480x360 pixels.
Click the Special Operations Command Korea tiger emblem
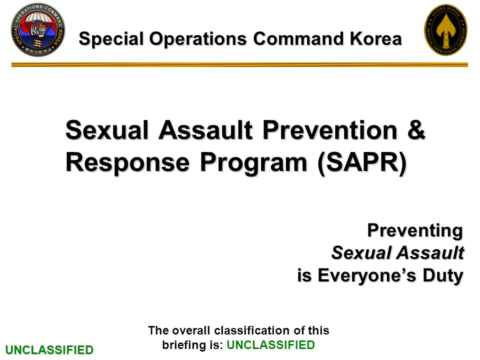point(38,29)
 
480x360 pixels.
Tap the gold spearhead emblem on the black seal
point(445,29)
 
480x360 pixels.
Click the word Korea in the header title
point(375,39)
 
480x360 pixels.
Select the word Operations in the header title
point(198,39)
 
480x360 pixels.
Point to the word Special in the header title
point(111,39)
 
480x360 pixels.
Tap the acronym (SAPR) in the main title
point(362,162)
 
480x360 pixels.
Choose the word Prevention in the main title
point(330,129)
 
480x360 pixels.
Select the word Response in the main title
point(127,162)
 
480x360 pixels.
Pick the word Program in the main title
point(253,162)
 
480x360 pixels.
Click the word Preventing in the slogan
point(415,231)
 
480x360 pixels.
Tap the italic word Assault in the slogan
point(431,253)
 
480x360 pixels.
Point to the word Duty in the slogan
point(443,275)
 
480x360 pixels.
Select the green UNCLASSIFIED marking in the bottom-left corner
point(49,349)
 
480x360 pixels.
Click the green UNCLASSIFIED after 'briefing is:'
point(270,344)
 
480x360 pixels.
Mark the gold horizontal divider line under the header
point(239,64)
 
